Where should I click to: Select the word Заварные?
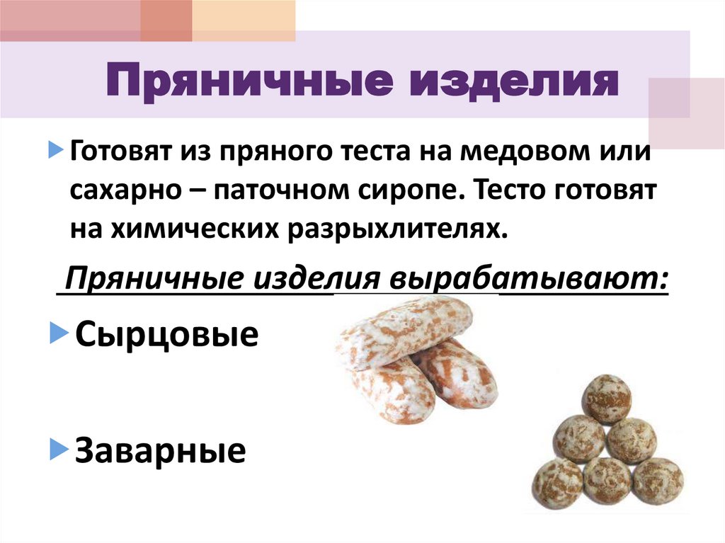(x=160, y=450)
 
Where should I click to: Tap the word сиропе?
(x=425, y=191)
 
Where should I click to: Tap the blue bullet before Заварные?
(x=58, y=449)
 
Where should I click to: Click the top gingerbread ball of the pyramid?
(x=606, y=399)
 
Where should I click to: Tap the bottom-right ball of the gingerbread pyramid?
(x=658, y=481)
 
